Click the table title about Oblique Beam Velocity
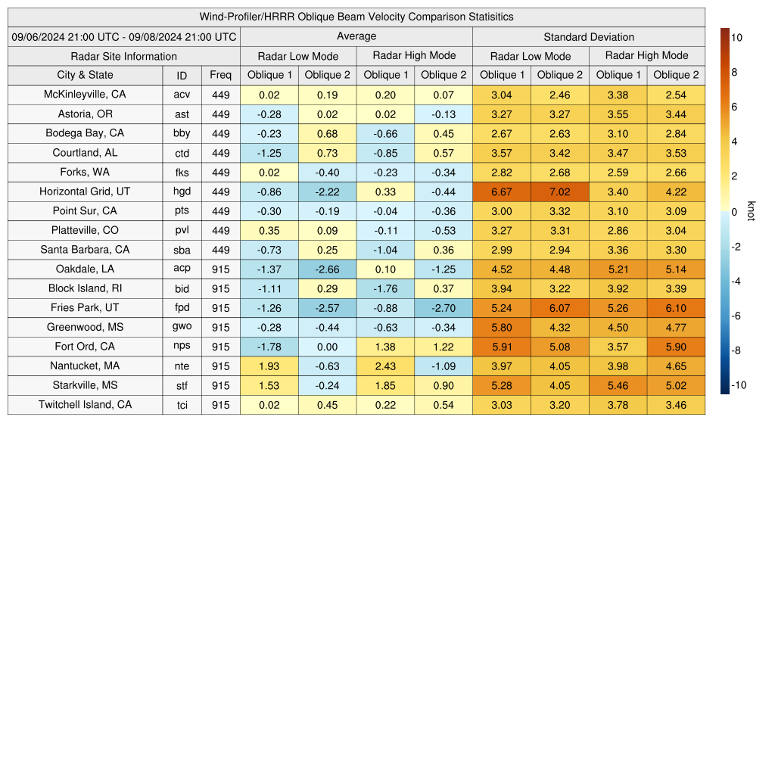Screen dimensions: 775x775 click(356, 17)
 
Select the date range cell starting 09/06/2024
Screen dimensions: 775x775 click(124, 36)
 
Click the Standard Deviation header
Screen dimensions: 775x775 click(589, 36)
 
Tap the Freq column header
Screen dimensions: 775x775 click(221, 75)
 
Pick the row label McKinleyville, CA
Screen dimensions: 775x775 click(85, 95)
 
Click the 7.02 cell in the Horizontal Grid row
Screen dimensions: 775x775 click(560, 191)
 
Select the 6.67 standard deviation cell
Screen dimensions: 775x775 click(502, 191)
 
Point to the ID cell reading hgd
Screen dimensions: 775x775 click(182, 191)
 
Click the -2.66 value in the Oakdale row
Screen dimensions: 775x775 click(327, 269)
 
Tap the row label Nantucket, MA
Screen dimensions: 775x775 click(85, 366)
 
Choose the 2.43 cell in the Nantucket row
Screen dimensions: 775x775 click(386, 366)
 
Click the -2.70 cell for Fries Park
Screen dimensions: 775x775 click(444, 308)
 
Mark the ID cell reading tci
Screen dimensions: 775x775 click(182, 405)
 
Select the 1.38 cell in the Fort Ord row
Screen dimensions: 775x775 click(386, 347)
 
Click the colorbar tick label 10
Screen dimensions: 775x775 click(736, 37)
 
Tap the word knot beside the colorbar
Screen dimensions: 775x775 click(751, 212)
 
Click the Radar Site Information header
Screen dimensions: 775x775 click(124, 56)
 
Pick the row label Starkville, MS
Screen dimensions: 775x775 click(85, 385)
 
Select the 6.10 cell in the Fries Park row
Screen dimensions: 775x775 click(676, 308)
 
